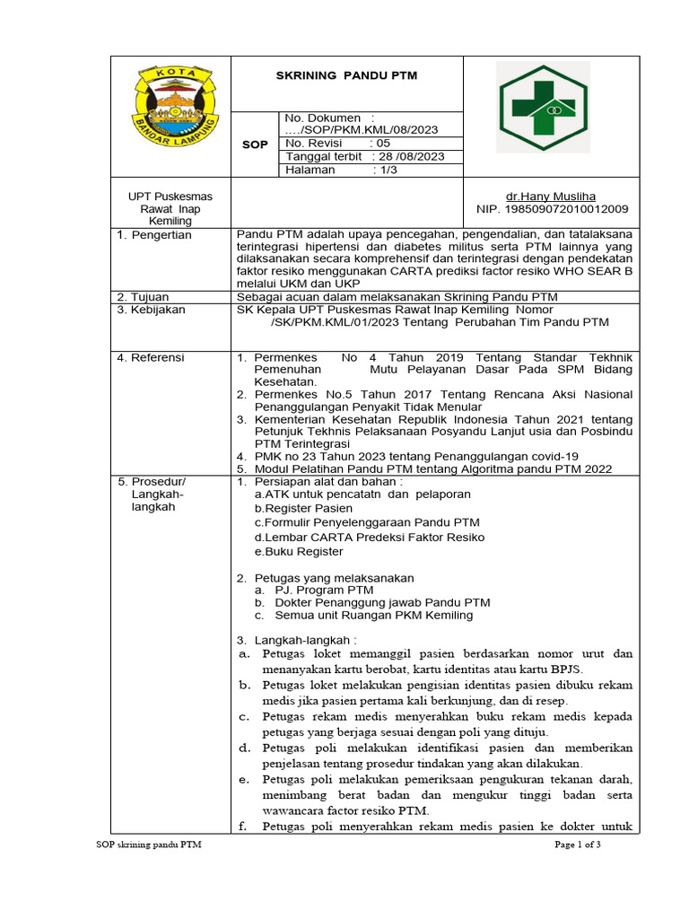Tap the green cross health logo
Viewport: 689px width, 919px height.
click(543, 107)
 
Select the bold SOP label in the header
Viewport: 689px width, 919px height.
click(255, 144)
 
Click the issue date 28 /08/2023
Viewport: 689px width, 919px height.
click(404, 156)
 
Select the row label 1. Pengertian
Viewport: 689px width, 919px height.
click(155, 235)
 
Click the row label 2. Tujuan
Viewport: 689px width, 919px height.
click(145, 297)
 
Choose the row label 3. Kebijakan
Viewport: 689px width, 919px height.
click(152, 310)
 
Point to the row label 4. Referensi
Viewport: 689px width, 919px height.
click(152, 357)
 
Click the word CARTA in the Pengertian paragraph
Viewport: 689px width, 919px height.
click(416, 272)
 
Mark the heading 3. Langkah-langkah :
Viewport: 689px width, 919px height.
click(296, 641)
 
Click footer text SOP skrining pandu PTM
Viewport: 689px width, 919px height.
click(148, 845)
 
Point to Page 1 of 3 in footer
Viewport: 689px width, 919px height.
click(577, 845)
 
